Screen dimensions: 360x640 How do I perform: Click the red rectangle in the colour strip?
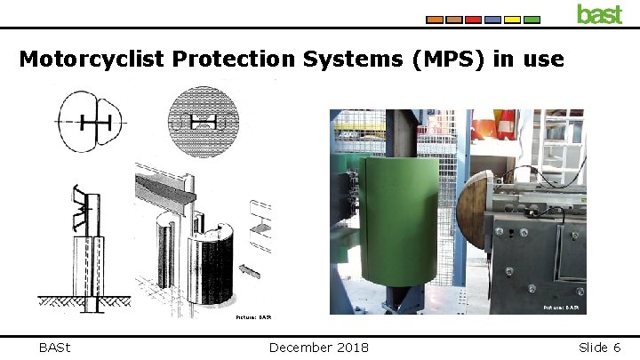[x=473, y=19]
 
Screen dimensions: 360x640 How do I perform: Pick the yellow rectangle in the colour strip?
[x=492, y=19]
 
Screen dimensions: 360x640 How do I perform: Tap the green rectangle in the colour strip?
[x=532, y=19]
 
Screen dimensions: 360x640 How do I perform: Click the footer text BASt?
[x=55, y=348]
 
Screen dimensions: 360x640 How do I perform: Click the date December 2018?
[x=318, y=348]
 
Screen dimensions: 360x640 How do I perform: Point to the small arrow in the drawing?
[x=252, y=267]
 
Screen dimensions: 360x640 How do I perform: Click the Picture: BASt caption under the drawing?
[x=252, y=316]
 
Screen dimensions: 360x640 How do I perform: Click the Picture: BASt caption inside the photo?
[x=561, y=308]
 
